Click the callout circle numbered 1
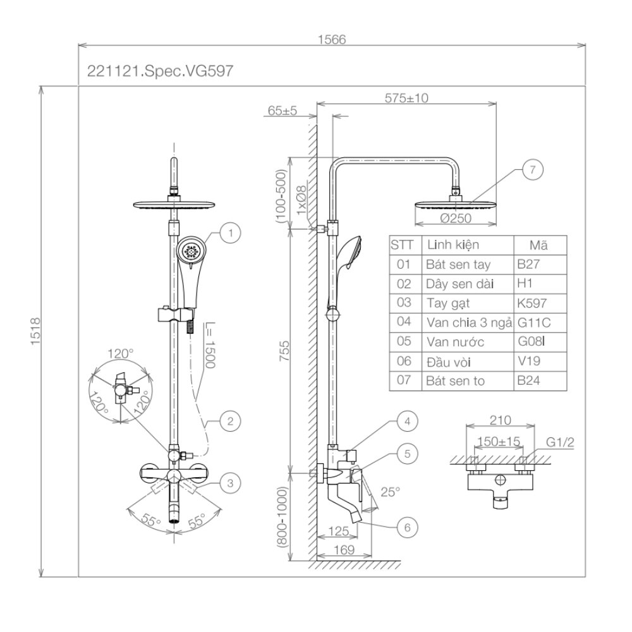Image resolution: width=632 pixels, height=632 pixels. [231, 233]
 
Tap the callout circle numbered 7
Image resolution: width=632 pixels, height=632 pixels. [532, 169]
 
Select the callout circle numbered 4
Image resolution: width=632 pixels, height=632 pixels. [408, 420]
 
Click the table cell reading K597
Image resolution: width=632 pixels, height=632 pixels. [532, 303]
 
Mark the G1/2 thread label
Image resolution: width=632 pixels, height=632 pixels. [561, 442]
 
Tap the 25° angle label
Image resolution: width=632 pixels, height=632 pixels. [389, 491]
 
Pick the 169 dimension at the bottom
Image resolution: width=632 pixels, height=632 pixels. [344, 550]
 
